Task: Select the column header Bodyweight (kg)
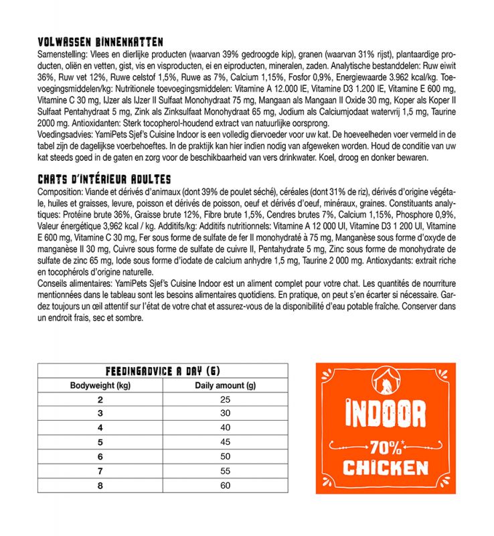point(100,386)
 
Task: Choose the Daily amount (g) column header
point(225,386)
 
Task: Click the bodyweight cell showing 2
point(100,400)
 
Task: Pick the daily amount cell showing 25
point(225,400)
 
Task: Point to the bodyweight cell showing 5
point(100,442)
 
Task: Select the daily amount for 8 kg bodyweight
point(225,485)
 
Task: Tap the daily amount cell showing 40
point(225,428)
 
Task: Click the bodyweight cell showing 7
point(100,471)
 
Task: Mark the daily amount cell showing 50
point(225,457)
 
